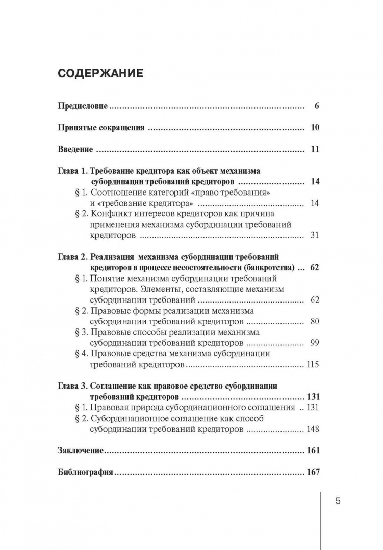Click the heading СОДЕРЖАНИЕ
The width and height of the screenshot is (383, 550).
[x=100, y=73]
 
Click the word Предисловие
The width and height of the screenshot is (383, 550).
[x=83, y=107]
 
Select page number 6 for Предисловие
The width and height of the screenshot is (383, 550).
[x=316, y=107]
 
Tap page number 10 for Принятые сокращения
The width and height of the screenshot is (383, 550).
[x=314, y=128]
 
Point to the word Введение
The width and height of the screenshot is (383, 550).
[x=75, y=150]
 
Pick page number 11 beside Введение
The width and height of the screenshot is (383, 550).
[x=314, y=150]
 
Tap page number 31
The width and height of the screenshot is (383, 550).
[x=314, y=235]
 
